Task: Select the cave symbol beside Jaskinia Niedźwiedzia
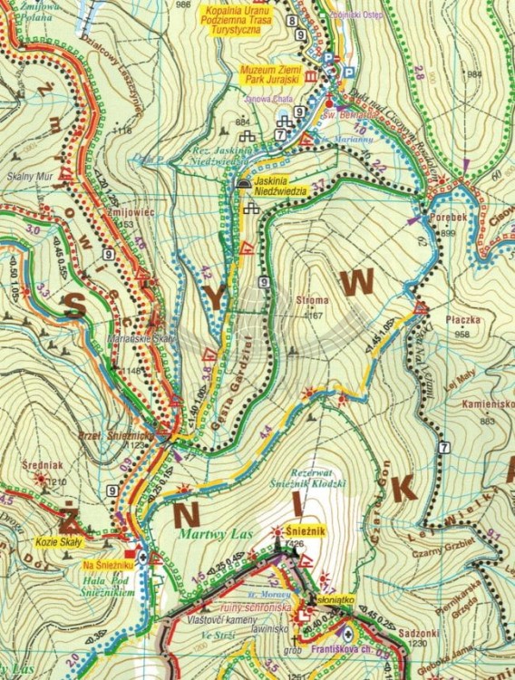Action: [242, 182]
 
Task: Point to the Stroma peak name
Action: [313, 303]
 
